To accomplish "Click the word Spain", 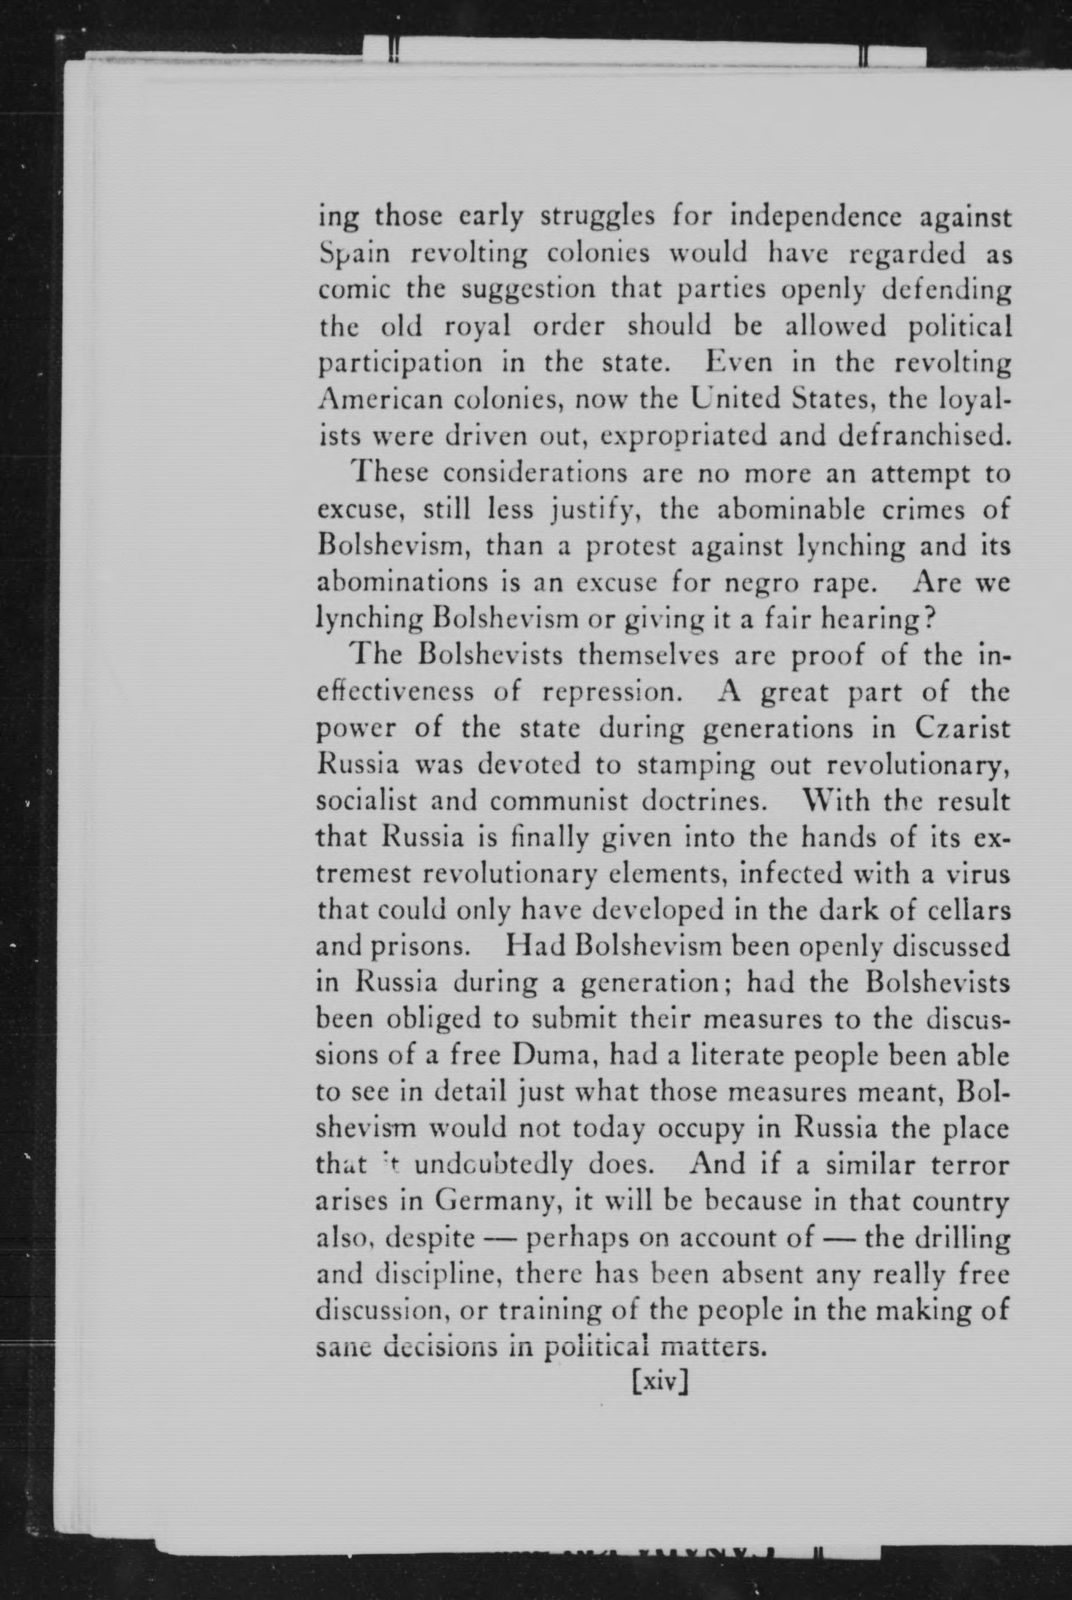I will [355, 254].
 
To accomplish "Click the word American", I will [378, 399].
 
